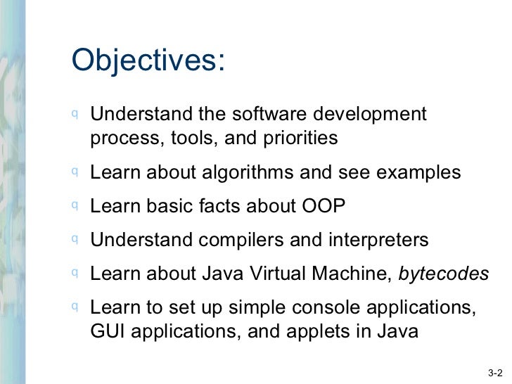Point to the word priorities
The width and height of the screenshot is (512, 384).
[x=302, y=139]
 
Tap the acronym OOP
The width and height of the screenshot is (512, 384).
[x=324, y=207]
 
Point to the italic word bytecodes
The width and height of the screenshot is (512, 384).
[x=444, y=274]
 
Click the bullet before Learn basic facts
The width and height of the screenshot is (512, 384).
[x=75, y=205]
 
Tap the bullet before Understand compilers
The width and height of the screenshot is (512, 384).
[x=75, y=239]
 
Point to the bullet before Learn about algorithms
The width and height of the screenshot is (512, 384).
[x=75, y=172]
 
